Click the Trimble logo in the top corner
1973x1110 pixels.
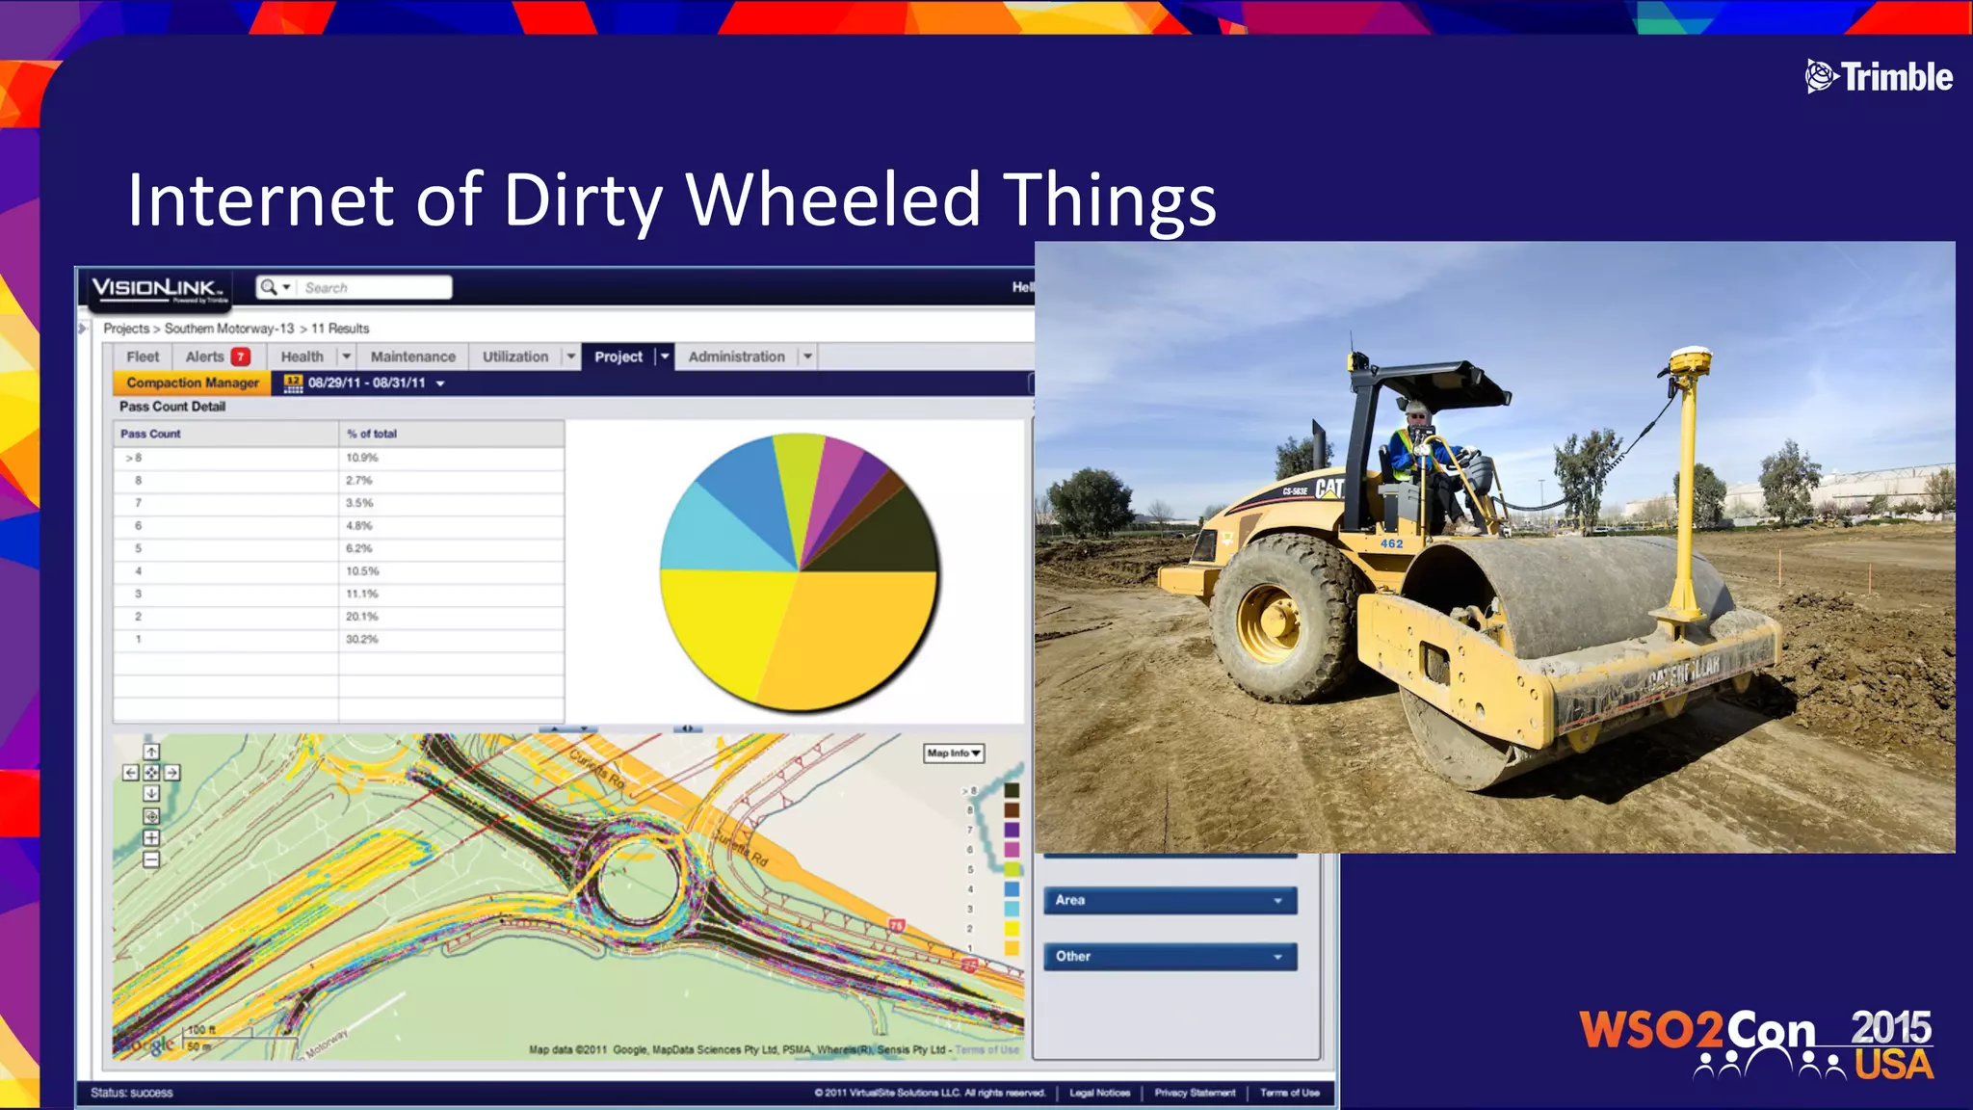(x=1879, y=77)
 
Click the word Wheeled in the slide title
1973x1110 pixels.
(x=833, y=199)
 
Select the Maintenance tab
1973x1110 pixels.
(x=412, y=357)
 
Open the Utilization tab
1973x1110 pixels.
(x=515, y=357)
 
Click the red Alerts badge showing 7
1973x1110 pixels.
(x=241, y=357)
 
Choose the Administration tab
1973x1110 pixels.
(x=737, y=357)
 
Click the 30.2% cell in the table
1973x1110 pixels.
(x=362, y=639)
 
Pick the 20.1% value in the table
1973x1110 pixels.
(x=362, y=617)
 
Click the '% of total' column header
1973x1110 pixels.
(x=372, y=434)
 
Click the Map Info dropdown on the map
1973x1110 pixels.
(x=954, y=753)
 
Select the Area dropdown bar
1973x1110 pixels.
(x=1170, y=900)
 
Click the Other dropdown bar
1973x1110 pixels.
(x=1170, y=956)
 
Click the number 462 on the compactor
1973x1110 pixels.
(x=1392, y=544)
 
